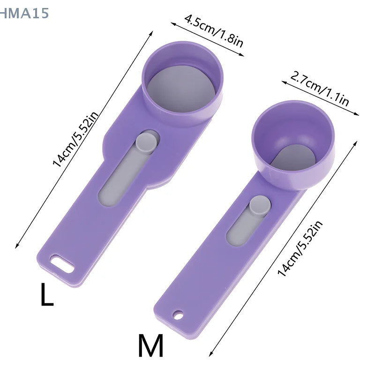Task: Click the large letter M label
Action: [x=150, y=345]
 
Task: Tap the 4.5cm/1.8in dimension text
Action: [x=214, y=31]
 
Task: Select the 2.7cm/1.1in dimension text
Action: [x=320, y=89]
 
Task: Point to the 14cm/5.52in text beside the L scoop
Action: [x=75, y=139]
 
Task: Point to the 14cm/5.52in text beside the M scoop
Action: [x=300, y=248]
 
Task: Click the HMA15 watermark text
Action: [x=24, y=13]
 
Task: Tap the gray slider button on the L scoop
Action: [x=146, y=143]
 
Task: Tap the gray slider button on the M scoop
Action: [x=260, y=206]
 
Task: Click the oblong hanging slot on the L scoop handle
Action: [x=62, y=264]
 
